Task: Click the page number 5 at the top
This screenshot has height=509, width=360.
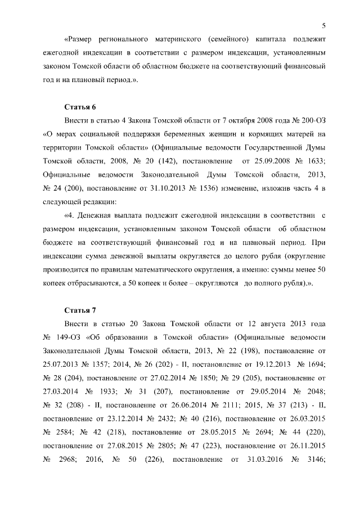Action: point(325,24)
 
